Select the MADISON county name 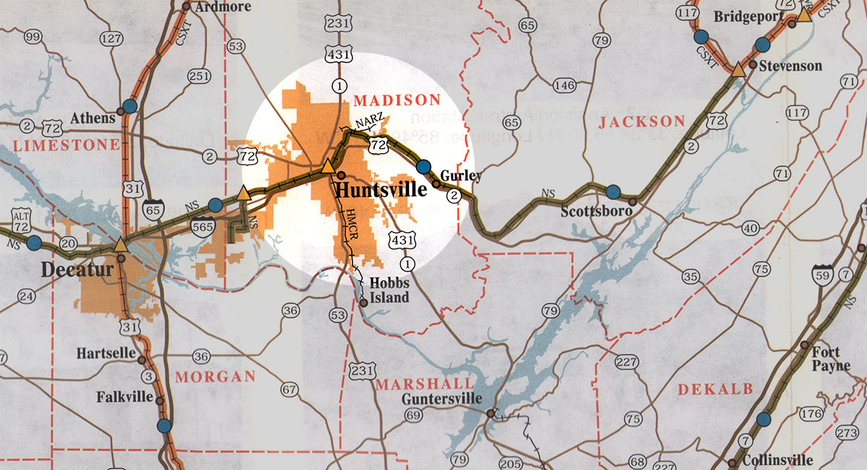pos(397,100)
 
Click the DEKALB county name pos(711,390)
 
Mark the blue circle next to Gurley pos(424,167)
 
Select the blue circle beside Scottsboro pos(613,192)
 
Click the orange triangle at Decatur pos(121,244)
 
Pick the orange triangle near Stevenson pos(738,69)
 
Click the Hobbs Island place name pos(389,291)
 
